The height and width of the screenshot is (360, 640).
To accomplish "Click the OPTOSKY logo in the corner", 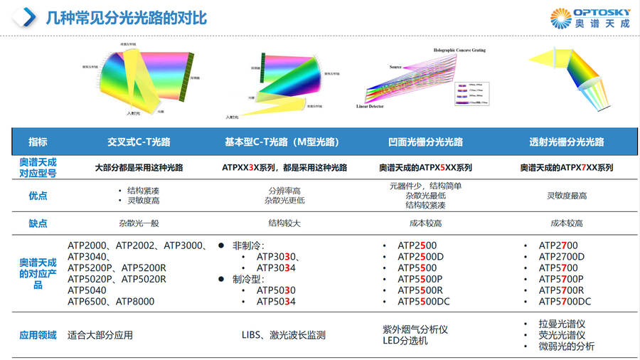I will pos(590,18).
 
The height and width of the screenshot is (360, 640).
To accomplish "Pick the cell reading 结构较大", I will pos(284,223).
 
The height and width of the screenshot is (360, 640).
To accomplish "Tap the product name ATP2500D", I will pos(421,257).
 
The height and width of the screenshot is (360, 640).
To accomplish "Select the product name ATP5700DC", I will pos(565,302).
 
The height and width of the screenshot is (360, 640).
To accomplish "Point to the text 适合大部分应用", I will pos(100,334).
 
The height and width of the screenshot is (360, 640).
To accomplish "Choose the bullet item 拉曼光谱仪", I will pos(562,324).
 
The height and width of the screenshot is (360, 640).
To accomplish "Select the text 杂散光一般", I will pos(139,223).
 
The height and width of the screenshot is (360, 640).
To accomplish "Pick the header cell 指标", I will pos(38,142).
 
